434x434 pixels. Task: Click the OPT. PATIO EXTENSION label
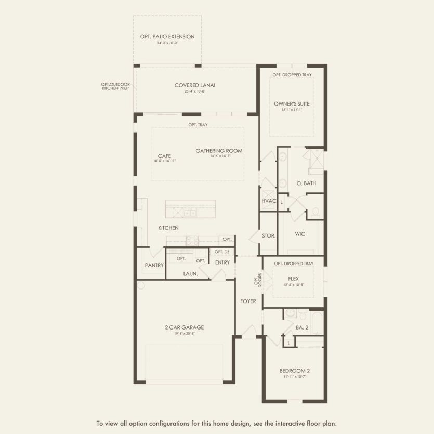[167, 37]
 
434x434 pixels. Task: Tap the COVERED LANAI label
[195, 85]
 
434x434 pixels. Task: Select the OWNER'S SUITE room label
[292, 103]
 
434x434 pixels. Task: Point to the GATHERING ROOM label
[219, 151]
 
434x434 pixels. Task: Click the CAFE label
[165, 155]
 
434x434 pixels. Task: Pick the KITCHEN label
[168, 228]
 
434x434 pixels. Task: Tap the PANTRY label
[154, 265]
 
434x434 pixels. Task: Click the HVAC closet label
[268, 201]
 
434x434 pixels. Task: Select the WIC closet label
[299, 234]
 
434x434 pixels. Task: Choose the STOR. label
[269, 235]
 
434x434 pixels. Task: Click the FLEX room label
[293, 279]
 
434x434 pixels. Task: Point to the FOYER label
[248, 301]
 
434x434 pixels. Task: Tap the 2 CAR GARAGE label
[185, 327]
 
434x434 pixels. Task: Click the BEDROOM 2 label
[294, 371]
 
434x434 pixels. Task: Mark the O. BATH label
[306, 183]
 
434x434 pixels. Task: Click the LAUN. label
[190, 273]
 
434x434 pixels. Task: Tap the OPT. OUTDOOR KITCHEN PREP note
[114, 86]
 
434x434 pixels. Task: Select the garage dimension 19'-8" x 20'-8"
[185, 333]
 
